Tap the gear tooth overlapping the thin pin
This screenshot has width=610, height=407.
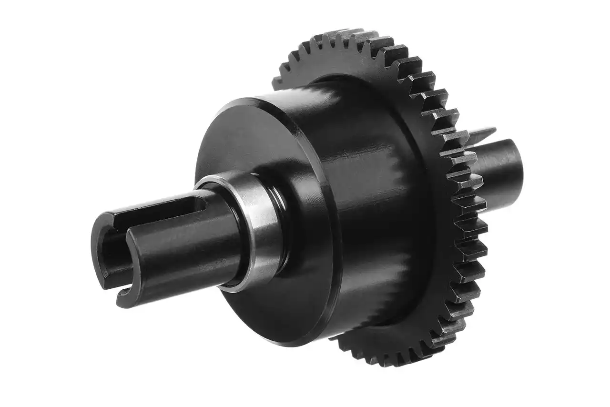pyautogui.click(x=457, y=136)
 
